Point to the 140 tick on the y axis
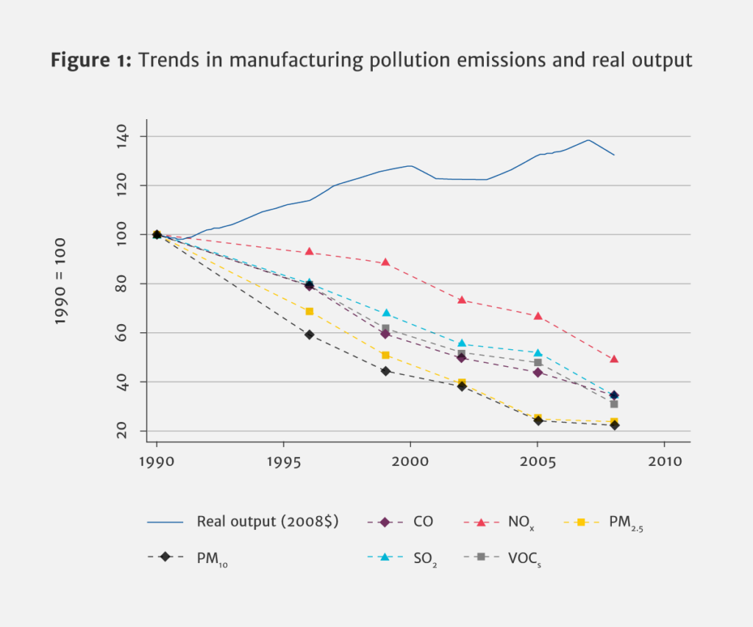[x=122, y=137]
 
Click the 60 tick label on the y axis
[x=122, y=333]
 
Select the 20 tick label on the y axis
[x=122, y=431]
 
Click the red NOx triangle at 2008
[x=614, y=359]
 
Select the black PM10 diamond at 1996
[x=309, y=334]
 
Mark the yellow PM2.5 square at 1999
[x=385, y=355]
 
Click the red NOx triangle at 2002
[x=462, y=300]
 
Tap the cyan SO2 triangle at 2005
[x=538, y=353]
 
